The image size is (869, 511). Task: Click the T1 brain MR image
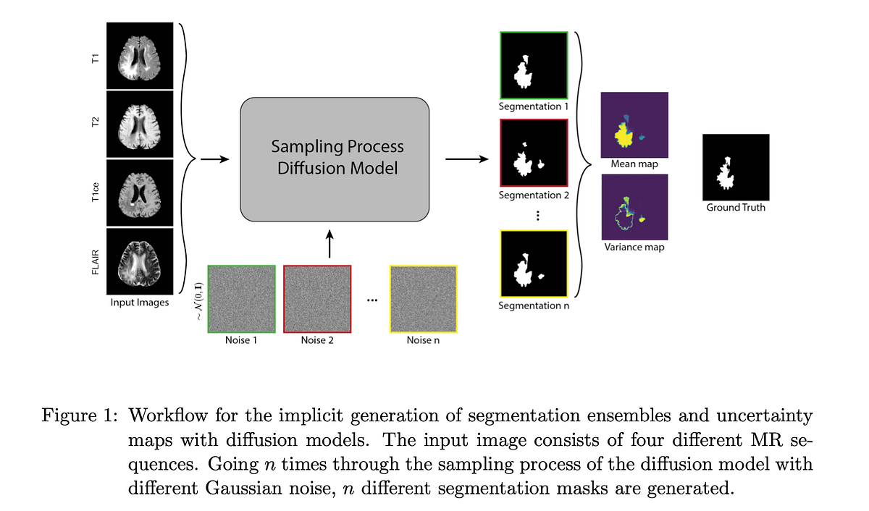coord(140,55)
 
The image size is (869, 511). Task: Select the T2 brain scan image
coord(140,124)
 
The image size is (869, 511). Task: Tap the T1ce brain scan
coord(140,193)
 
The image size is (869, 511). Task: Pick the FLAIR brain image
coord(140,261)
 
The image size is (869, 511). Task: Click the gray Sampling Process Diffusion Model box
coord(335,159)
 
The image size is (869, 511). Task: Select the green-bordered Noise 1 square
coord(242,299)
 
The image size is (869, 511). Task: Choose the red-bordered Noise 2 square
coord(317,299)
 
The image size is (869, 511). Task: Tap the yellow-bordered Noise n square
coord(423,299)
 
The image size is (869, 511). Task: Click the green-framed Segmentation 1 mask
coord(534,66)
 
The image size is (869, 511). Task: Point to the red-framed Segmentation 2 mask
coord(534,153)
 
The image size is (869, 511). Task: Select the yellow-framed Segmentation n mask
coord(534,264)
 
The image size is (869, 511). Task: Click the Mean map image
coord(634,125)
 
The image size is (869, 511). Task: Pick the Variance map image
coord(634,208)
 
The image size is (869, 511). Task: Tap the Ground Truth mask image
coord(735,167)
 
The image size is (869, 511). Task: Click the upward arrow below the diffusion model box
coord(329,245)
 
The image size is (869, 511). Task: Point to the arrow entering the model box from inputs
coord(214,159)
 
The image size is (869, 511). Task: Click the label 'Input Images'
coord(140,303)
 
